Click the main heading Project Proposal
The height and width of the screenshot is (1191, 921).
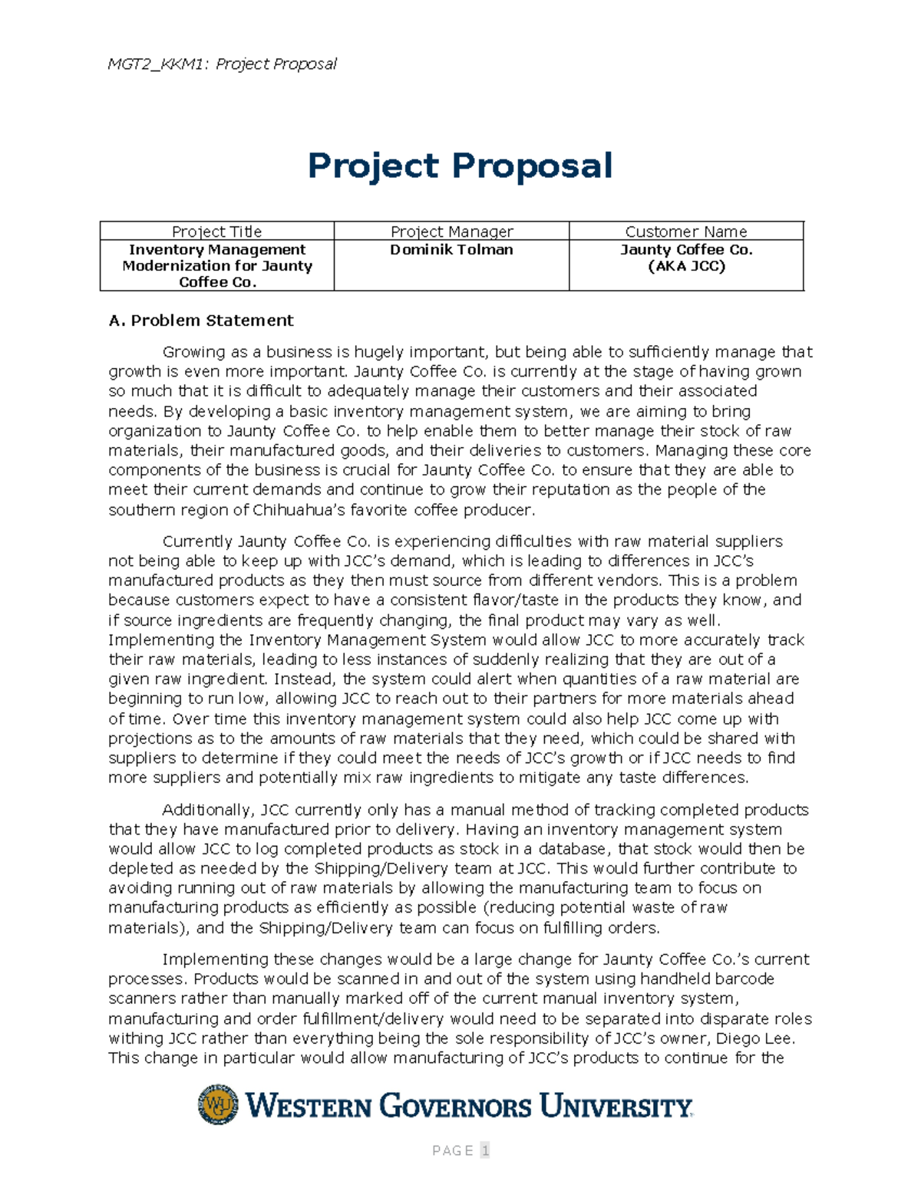tap(460, 166)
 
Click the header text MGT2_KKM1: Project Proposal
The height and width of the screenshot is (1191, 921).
tap(222, 64)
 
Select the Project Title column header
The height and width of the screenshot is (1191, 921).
tap(216, 232)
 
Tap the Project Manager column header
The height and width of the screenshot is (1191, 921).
tap(451, 232)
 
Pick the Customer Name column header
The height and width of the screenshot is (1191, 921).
tap(685, 232)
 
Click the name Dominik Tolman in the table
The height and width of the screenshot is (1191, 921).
tap(451, 250)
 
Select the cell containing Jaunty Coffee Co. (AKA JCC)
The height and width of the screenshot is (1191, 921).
tap(686, 258)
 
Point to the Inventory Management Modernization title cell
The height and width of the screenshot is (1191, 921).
tap(217, 266)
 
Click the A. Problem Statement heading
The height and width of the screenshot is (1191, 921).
tap(201, 321)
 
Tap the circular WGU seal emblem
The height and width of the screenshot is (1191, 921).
tap(218, 1104)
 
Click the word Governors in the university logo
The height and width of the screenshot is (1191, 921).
tap(455, 1106)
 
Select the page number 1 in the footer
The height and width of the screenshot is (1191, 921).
tap(485, 1150)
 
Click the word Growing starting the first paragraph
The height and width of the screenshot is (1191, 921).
tap(193, 352)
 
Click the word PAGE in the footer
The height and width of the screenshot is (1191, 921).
tap(453, 1150)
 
